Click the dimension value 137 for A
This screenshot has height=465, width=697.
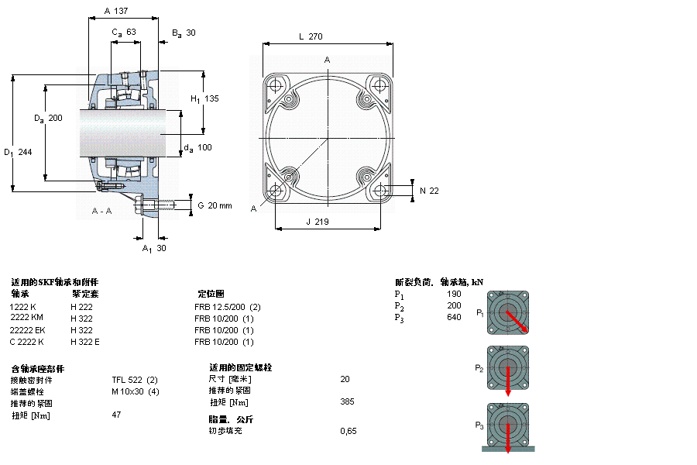click(x=121, y=12)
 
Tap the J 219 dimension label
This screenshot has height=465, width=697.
click(x=318, y=222)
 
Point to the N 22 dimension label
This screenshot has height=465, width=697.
click(x=429, y=190)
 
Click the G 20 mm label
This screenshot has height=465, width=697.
click(x=215, y=205)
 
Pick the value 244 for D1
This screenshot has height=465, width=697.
click(x=25, y=152)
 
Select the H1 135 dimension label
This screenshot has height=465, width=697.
click(x=205, y=98)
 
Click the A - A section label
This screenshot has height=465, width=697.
click(x=101, y=211)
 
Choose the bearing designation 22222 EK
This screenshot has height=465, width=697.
click(x=27, y=330)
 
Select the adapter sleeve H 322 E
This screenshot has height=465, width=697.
click(x=85, y=342)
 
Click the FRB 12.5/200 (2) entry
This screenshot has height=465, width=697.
click(x=227, y=307)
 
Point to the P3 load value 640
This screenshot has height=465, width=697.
click(x=454, y=317)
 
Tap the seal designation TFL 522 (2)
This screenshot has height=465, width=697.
click(x=135, y=380)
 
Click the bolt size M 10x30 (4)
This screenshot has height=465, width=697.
click(x=136, y=391)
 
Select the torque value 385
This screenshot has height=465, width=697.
click(x=347, y=402)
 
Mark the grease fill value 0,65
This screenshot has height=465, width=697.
click(x=348, y=431)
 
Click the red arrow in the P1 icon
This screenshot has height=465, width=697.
click(x=517, y=322)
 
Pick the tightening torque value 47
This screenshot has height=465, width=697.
click(x=118, y=415)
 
